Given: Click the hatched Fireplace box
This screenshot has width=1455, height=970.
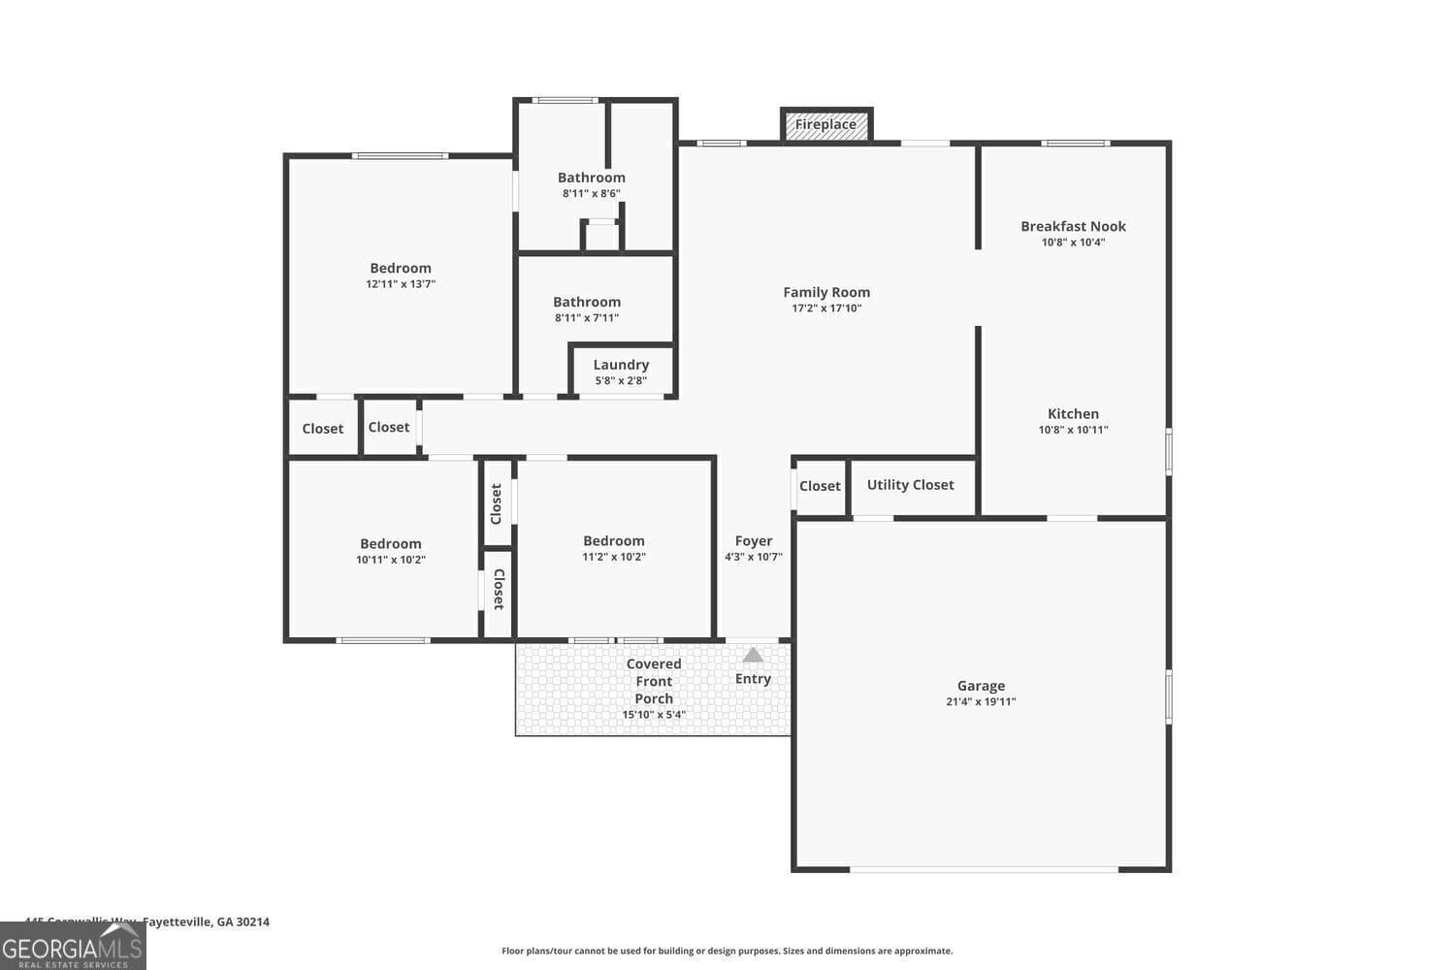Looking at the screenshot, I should [x=826, y=124].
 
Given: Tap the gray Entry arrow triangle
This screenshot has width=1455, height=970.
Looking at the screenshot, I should [x=753, y=655].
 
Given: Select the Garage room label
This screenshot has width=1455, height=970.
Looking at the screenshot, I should [x=981, y=686].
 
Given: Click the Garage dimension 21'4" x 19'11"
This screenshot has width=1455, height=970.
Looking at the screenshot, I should [x=981, y=702].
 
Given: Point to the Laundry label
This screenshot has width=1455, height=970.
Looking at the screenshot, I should [x=621, y=365].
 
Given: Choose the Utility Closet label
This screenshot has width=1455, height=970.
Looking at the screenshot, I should [x=910, y=485].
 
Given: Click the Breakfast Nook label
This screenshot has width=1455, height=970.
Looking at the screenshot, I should [x=1073, y=226].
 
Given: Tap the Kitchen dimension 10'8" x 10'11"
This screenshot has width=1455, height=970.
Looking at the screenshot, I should [x=1073, y=430].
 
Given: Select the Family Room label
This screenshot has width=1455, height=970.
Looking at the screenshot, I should [x=826, y=292].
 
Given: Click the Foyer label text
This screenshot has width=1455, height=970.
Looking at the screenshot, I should [x=754, y=541].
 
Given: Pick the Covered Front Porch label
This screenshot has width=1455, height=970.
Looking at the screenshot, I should [x=654, y=681].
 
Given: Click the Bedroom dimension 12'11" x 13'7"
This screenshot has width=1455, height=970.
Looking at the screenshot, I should [x=401, y=284].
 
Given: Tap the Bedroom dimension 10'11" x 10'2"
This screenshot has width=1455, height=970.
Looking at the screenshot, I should [x=391, y=560].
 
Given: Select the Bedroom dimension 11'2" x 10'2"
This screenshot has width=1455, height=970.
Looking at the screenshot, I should [x=614, y=557].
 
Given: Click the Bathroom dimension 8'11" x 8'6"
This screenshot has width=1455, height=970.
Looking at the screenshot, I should [x=591, y=193].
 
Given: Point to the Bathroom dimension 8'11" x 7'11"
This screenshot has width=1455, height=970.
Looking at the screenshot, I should [x=587, y=318].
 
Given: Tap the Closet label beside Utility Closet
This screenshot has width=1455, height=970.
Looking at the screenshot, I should [x=820, y=486].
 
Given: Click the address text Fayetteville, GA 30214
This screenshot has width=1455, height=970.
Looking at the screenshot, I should [x=206, y=921].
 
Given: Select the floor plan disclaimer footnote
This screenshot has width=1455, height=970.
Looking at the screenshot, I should [x=727, y=951].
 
